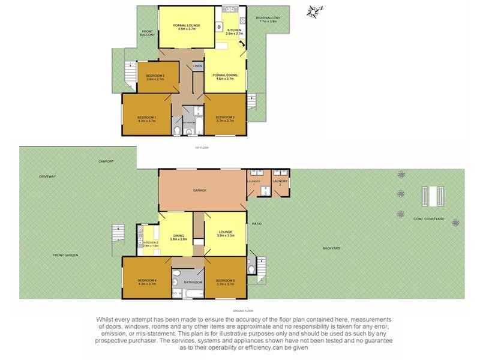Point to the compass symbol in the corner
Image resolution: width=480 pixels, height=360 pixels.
click(313, 11)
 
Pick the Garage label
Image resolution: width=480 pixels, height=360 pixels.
click(199, 190)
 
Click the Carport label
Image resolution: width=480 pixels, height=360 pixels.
click(106, 161)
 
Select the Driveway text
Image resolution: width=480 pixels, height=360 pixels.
click(47, 176)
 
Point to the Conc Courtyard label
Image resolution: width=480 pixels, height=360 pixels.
click(428, 219)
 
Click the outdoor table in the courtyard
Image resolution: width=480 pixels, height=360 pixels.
click(433, 194)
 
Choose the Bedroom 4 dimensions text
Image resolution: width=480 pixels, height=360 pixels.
click(146, 284)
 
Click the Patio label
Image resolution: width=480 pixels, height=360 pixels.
click(257, 224)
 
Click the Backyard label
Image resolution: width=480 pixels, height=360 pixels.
click(331, 248)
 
